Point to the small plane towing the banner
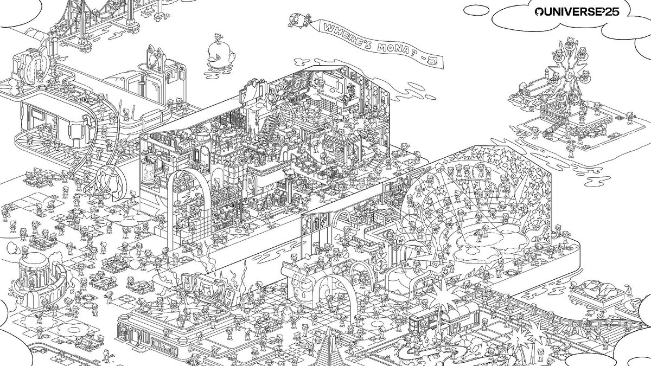pos(299,20)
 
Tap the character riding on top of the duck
pos(218,38)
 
